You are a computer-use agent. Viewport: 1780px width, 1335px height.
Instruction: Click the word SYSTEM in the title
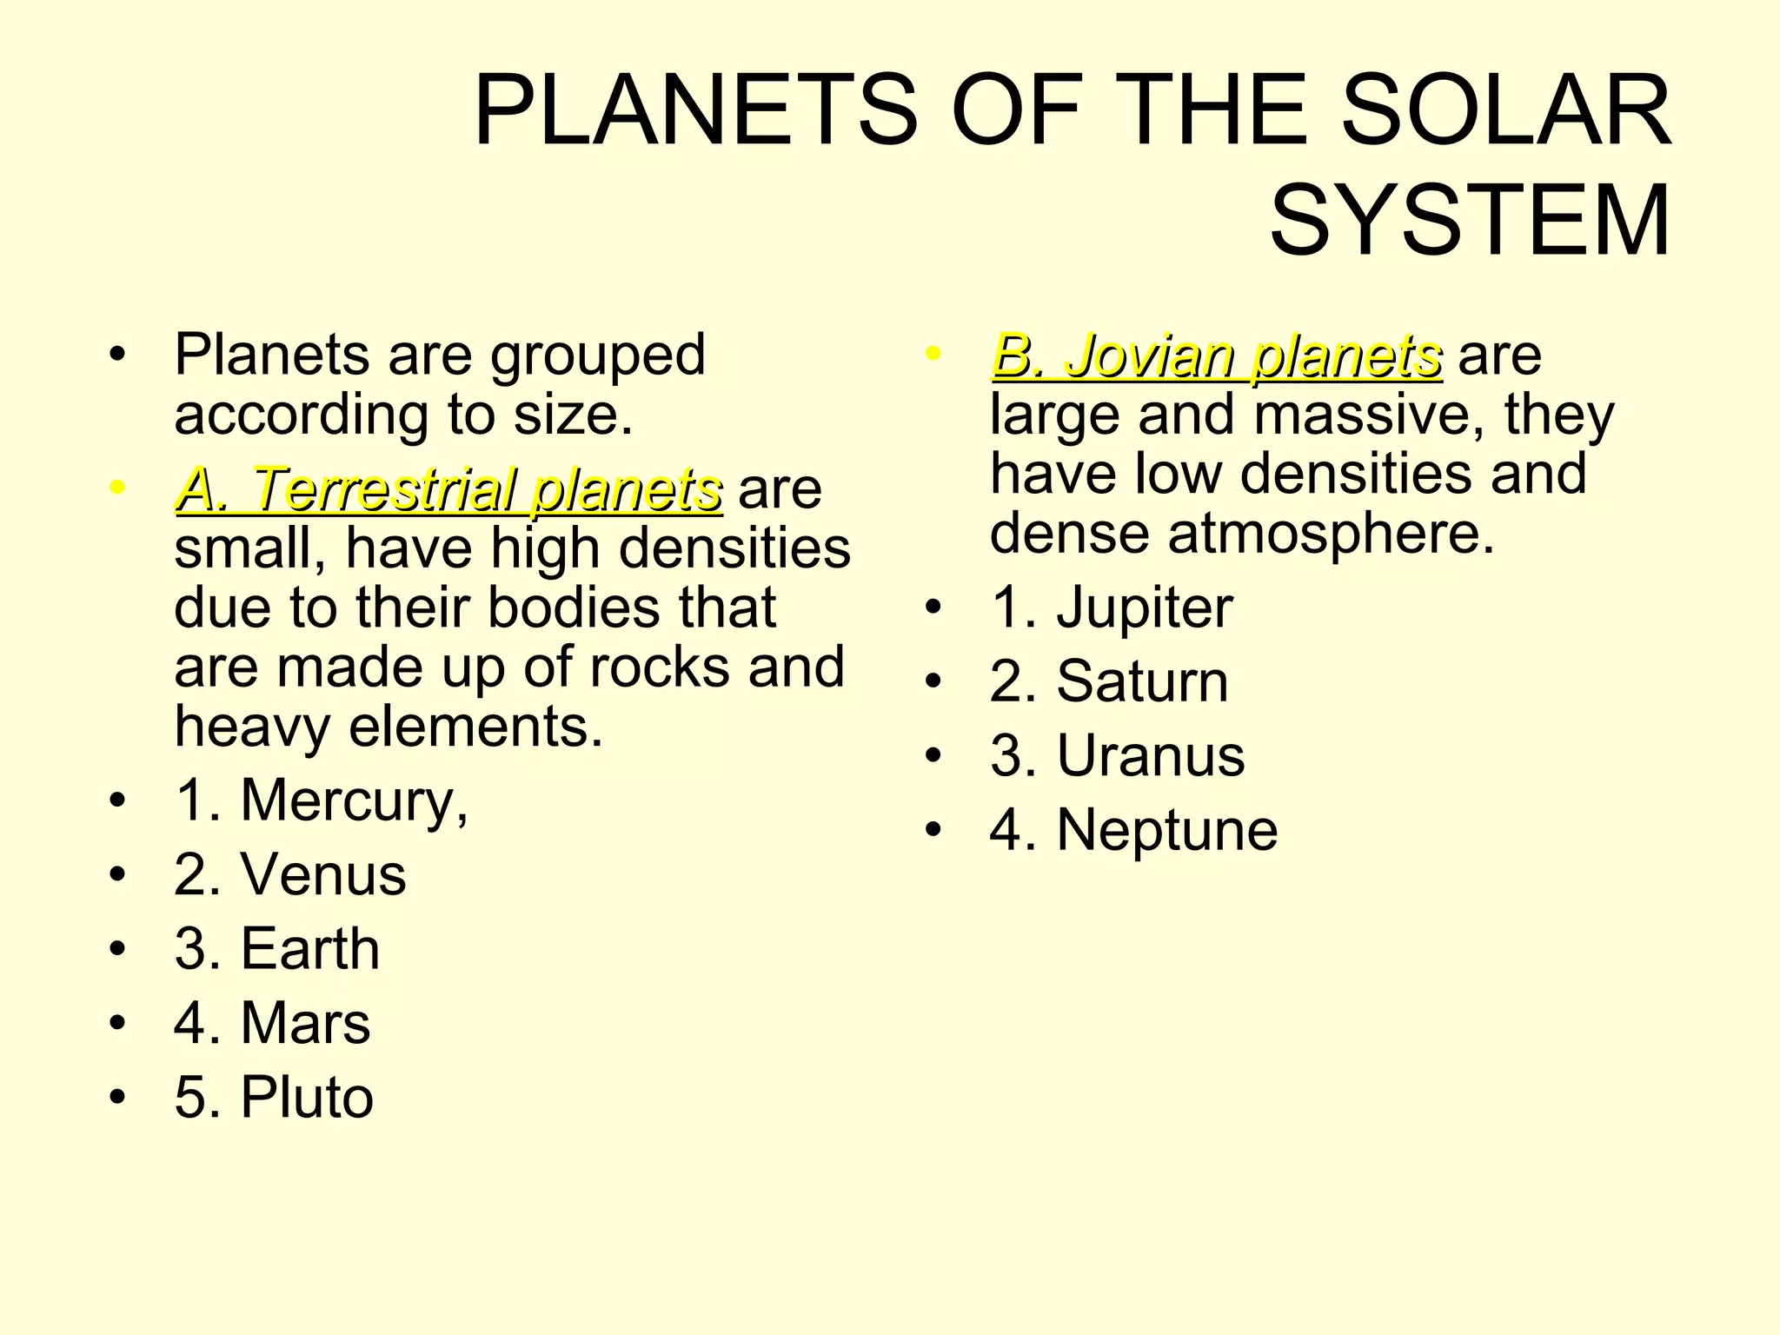[x=1470, y=221]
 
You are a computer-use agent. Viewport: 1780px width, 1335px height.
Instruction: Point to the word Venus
[x=323, y=874]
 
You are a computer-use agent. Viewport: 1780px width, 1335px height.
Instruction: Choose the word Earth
[x=310, y=948]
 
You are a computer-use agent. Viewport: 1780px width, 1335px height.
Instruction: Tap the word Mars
[x=305, y=1023]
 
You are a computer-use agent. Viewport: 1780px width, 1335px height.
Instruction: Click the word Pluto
[x=307, y=1097]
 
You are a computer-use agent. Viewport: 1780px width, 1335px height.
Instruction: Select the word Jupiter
[x=1145, y=608]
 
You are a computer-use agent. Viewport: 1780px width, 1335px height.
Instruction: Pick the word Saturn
[x=1142, y=681]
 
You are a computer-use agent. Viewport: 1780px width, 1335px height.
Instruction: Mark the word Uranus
[x=1151, y=755]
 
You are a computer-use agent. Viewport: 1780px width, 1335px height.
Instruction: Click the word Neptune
[x=1167, y=830]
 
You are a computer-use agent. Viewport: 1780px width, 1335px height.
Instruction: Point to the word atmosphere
[x=1331, y=533]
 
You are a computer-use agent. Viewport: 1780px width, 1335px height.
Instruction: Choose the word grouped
[x=597, y=355]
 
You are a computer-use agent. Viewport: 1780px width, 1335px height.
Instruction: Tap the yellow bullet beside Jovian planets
[x=933, y=355]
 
